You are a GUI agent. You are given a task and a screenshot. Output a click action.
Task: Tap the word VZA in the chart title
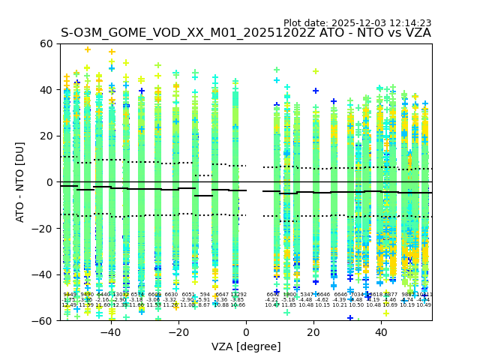coord(416,33)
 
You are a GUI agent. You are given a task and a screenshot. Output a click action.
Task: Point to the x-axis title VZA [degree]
coord(246,346)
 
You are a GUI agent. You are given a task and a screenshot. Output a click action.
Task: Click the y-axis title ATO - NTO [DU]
coord(20,182)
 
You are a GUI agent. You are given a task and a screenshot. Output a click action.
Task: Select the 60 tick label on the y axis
coord(46,43)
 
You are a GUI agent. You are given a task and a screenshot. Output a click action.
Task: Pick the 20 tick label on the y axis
coord(46,136)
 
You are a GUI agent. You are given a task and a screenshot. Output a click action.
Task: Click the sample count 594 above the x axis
coord(205,295)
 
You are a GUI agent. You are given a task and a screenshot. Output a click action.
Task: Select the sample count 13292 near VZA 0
coord(238,295)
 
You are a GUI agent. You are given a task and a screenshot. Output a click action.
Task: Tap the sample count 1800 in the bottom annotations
coord(289,295)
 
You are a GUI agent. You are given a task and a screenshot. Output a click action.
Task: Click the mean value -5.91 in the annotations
coord(204,300)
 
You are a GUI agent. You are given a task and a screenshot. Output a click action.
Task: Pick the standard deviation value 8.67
coord(204,305)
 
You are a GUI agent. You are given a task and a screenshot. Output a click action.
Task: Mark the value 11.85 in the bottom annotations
coord(289,305)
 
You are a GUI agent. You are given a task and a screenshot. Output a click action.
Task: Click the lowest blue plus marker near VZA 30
coord(349,318)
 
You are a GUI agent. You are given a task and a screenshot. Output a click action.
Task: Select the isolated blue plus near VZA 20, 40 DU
coord(316,91)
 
